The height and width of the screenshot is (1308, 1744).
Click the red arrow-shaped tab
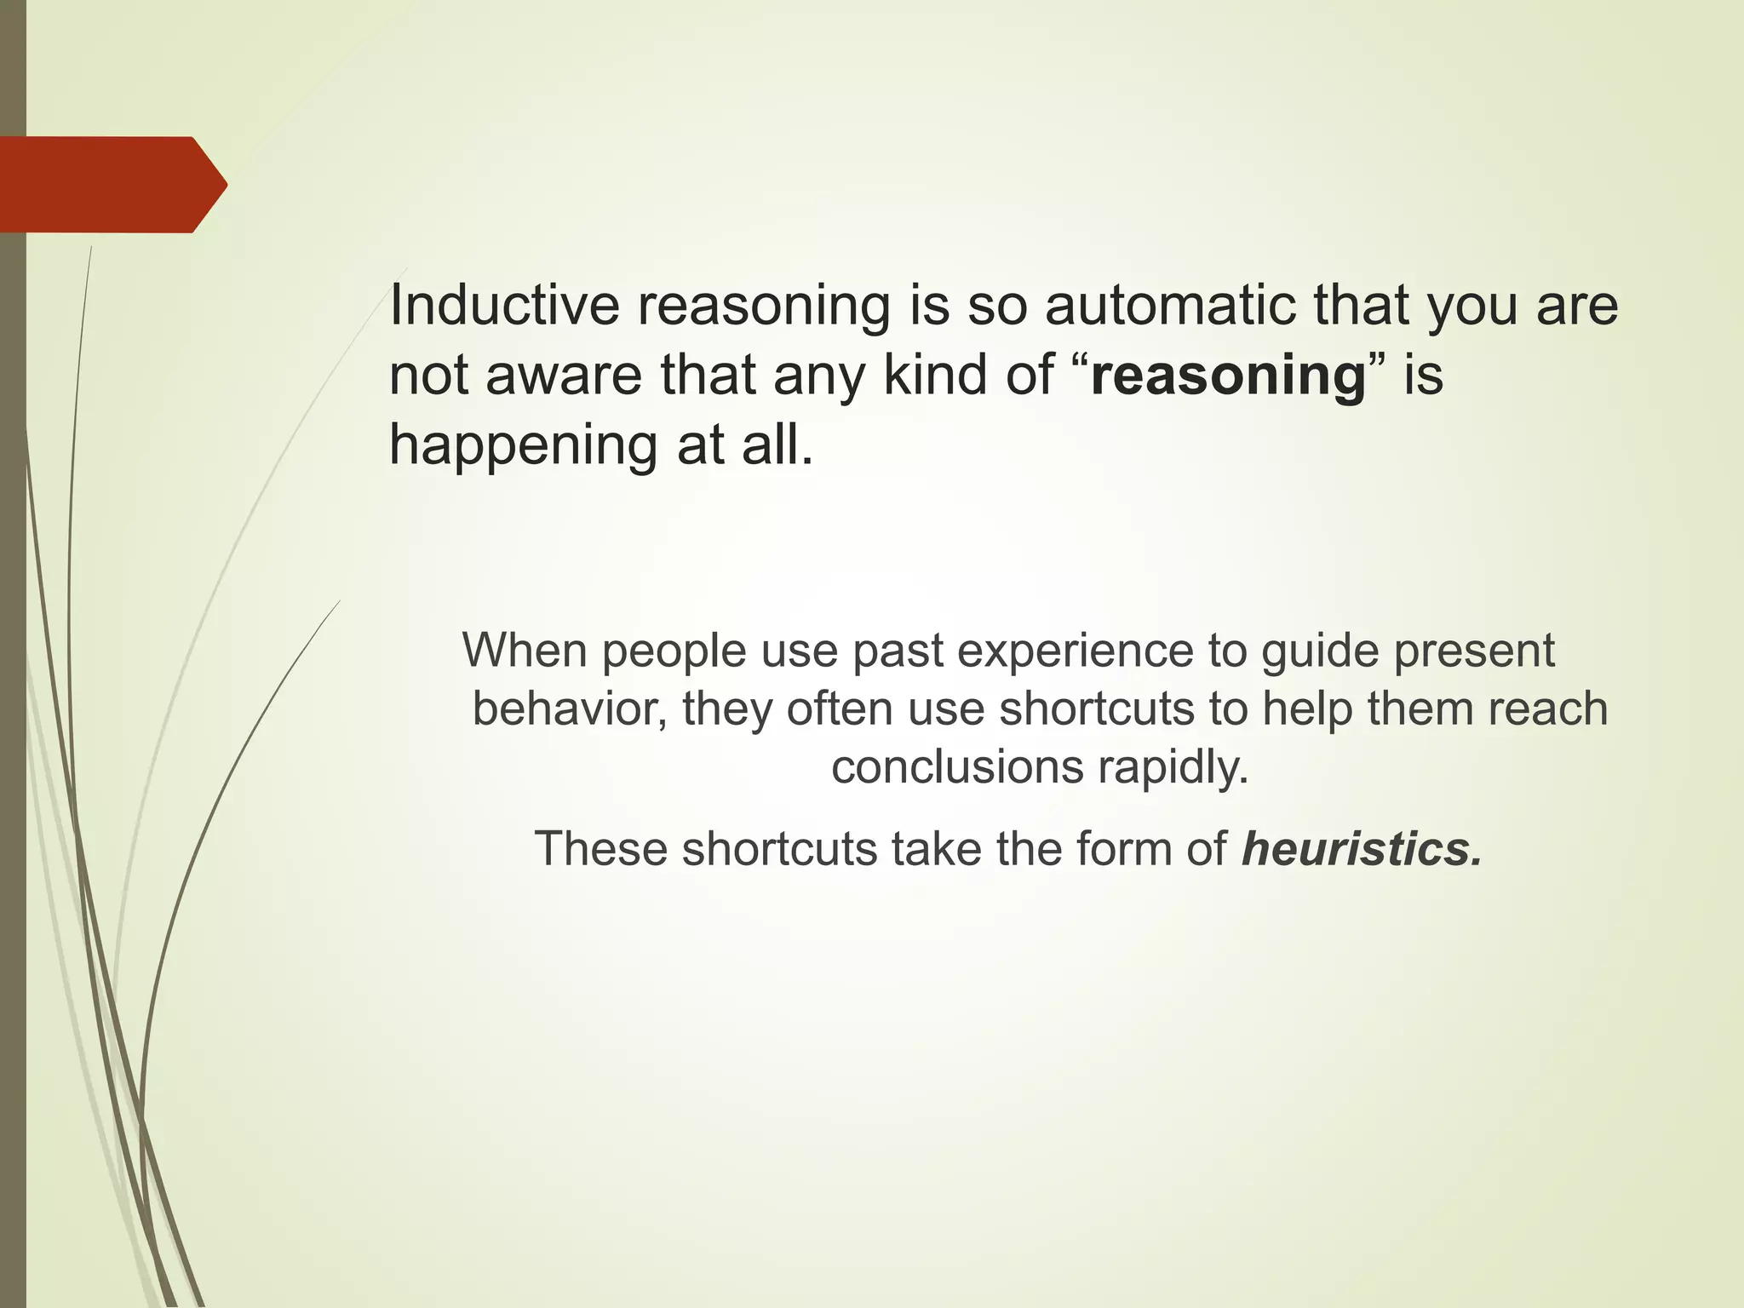click(111, 184)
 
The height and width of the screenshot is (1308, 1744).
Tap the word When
click(525, 651)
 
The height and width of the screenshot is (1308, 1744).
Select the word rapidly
click(1173, 768)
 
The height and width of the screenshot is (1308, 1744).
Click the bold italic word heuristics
click(1362, 848)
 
